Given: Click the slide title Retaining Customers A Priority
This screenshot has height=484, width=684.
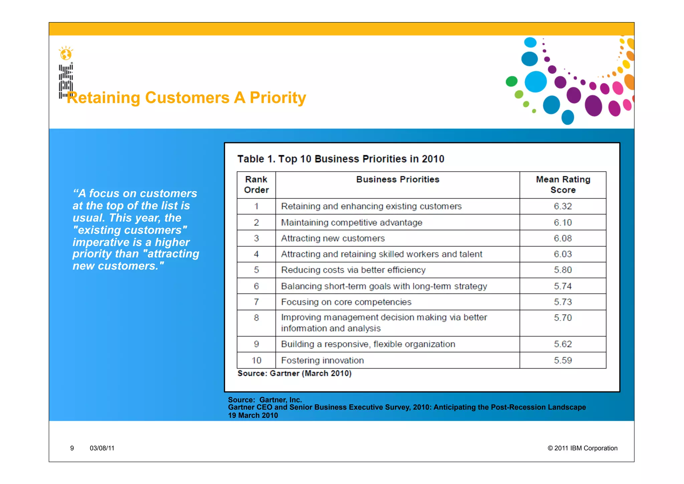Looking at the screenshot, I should pos(186,98).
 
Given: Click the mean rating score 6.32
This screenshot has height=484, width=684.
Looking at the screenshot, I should pos(563,206).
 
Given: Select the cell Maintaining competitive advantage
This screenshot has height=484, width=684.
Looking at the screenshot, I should pos(351,223).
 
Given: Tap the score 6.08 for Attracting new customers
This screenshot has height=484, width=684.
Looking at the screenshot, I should pos(563,238).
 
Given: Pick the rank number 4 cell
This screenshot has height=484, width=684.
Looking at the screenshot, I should pos(256,254).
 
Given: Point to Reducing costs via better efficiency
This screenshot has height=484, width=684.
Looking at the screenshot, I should pos(353,270).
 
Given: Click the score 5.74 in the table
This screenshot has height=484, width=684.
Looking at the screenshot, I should pos(563,286).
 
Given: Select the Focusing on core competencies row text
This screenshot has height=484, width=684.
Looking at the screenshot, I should pos(346,302).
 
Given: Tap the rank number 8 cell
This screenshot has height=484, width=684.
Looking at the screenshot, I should pos(256,318).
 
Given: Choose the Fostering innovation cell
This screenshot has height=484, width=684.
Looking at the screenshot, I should pos(322,360).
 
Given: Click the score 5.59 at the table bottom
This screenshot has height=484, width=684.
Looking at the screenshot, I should pos(563,360).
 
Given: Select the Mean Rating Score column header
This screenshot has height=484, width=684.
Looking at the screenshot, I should pos(563,185).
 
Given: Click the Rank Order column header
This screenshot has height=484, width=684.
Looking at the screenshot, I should pos(256,185).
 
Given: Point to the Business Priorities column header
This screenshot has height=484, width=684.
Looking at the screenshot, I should pos(397,179).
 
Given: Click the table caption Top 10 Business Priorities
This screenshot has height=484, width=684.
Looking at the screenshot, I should pos(341,159).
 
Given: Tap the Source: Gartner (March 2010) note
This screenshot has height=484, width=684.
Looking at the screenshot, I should pos(294,373).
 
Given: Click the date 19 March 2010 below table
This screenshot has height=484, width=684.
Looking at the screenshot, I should pos(253,415).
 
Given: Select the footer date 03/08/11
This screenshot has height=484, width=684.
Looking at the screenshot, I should pos(102,448).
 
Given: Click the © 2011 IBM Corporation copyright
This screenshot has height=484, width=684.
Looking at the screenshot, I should pos(582,448).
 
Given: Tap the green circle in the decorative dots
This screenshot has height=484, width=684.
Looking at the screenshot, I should pos(511,81).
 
